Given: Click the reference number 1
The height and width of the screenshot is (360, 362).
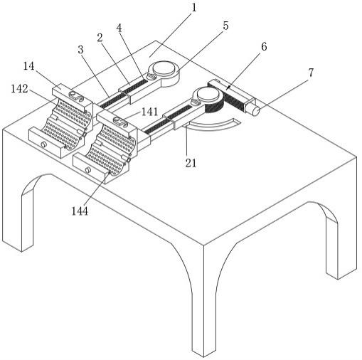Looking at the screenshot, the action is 194,8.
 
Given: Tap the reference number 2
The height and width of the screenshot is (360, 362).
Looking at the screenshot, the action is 100,38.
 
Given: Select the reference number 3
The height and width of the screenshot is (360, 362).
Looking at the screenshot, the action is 80,50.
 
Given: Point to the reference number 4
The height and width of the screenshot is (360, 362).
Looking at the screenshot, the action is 119,28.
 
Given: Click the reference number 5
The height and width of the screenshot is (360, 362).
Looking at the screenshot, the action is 225,26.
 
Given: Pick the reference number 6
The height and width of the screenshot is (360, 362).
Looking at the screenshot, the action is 264,47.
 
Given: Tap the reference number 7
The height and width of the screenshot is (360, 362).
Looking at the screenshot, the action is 311,73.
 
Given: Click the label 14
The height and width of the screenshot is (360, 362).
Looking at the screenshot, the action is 28,66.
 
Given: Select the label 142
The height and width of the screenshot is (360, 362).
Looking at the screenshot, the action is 19,89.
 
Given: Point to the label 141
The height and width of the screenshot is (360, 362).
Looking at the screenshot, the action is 149,112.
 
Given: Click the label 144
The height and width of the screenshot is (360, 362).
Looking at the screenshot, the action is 80,211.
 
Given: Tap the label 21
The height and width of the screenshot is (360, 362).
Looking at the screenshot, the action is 191,163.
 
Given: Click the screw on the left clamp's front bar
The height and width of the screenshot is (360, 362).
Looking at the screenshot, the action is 43,144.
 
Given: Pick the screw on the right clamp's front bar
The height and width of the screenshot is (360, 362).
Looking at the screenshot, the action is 88,169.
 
